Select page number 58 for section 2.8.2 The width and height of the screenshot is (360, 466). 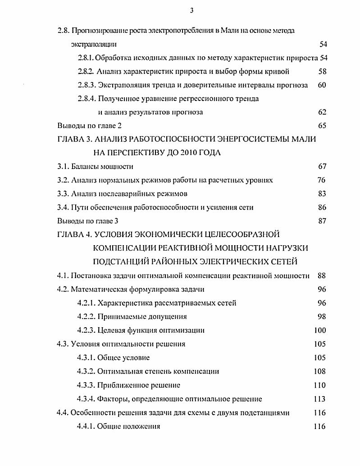click(x=322, y=71)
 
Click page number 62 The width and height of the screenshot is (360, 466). click(x=322, y=112)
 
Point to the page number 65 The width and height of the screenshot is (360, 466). click(x=322, y=126)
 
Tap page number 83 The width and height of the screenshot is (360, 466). click(x=322, y=194)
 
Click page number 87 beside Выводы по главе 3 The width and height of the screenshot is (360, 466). click(x=322, y=221)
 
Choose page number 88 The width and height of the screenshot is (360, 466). click(x=322, y=276)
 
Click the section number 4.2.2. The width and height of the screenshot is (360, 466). click(x=86, y=317)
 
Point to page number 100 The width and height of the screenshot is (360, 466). click(x=319, y=330)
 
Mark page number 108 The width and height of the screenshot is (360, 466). click(x=319, y=371)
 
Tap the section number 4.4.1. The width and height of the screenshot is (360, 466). click(x=86, y=426)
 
